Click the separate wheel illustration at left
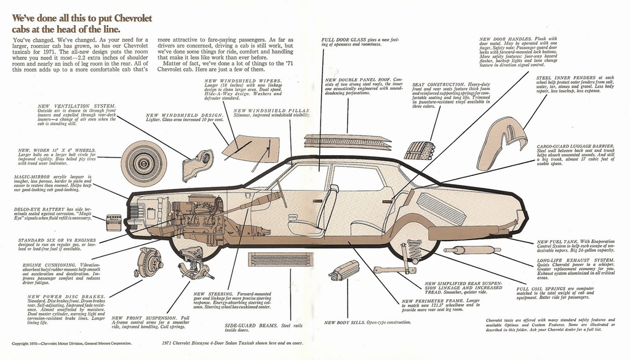coord(143,163)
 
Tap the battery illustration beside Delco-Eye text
coord(114,222)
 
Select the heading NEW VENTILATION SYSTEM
coord(76,106)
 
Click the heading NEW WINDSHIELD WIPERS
coord(243,81)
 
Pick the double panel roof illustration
coord(348,140)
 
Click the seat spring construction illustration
coord(419,150)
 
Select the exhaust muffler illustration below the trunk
coord(472,250)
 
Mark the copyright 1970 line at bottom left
coord(72,343)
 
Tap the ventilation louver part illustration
coord(198,165)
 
